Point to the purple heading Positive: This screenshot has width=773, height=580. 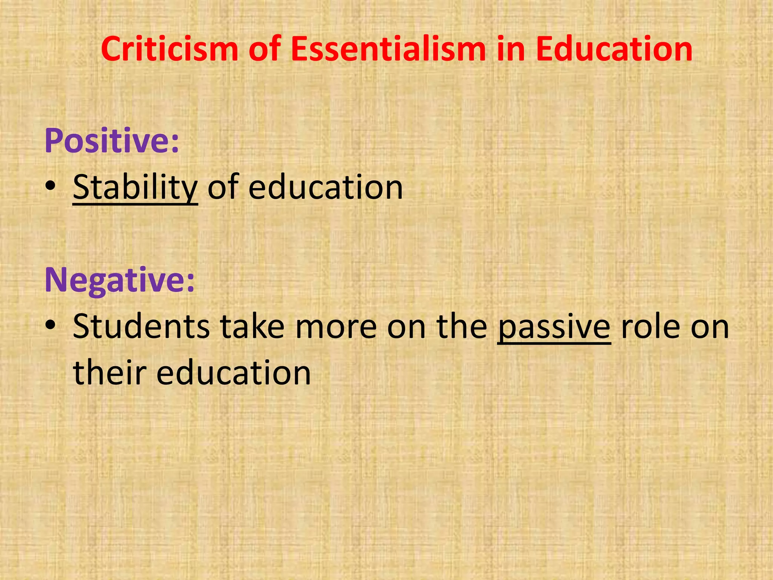click(112, 141)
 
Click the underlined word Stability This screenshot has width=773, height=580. click(135, 188)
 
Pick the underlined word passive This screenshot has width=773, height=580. click(554, 327)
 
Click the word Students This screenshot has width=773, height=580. click(141, 327)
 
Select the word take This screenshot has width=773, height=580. click(253, 327)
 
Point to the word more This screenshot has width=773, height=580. click(336, 327)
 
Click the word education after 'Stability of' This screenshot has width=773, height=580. click(325, 188)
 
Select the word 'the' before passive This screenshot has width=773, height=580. click(462, 327)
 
